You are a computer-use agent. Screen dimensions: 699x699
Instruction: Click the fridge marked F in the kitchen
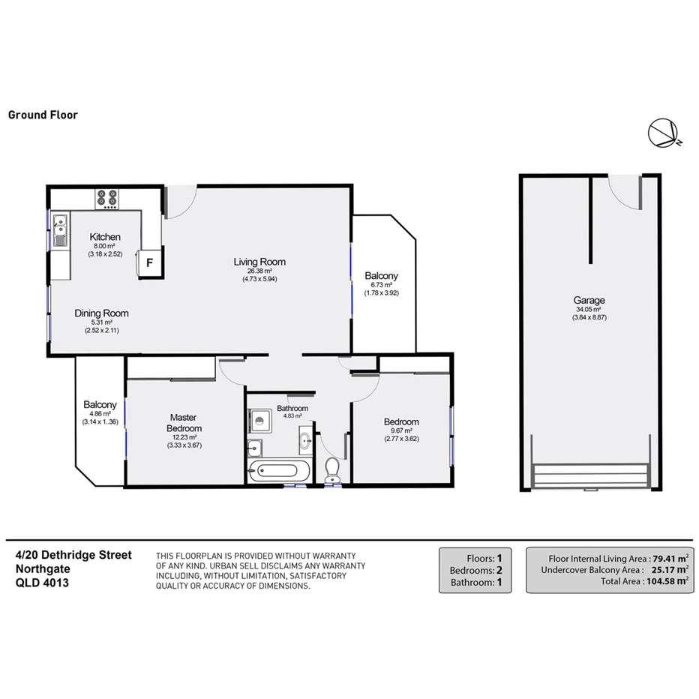149,262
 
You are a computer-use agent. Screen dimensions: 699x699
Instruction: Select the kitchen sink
60,225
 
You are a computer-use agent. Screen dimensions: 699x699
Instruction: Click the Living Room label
259,262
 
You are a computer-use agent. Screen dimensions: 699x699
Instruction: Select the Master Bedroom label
183,422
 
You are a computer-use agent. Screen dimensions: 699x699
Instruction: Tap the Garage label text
589,300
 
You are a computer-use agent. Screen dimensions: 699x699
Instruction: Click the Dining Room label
101,313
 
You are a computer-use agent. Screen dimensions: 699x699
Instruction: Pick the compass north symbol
663,133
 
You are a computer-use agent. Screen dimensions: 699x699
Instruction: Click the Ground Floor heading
43,115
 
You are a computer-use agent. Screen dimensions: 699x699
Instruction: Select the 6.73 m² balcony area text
381,285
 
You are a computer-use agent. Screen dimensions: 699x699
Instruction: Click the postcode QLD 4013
42,581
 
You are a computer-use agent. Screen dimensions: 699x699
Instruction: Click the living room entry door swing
182,199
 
